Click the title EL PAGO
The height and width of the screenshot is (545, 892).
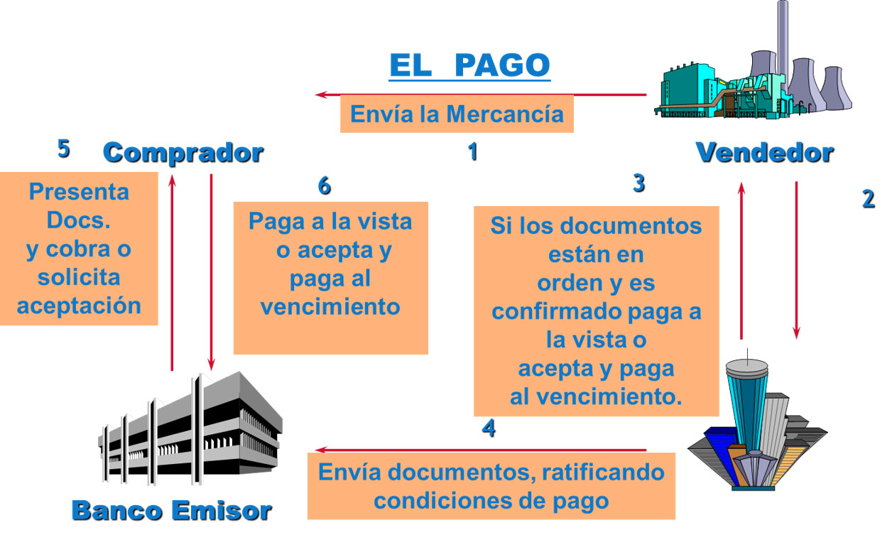pyautogui.click(x=469, y=65)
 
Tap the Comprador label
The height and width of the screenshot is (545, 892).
pyautogui.click(x=183, y=153)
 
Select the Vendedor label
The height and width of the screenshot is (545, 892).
pyautogui.click(x=765, y=153)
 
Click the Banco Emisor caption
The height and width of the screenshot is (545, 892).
pyautogui.click(x=172, y=511)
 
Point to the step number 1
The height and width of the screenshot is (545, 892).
pyautogui.click(x=473, y=152)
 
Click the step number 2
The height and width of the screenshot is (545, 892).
pyautogui.click(x=869, y=199)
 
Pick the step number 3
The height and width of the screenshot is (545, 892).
pyautogui.click(x=639, y=183)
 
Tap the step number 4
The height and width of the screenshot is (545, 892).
pyautogui.click(x=489, y=428)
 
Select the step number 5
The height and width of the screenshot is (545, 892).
pyautogui.click(x=64, y=149)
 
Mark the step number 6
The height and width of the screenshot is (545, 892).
pyautogui.click(x=325, y=185)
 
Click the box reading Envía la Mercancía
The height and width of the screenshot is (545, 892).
pyautogui.click(x=457, y=114)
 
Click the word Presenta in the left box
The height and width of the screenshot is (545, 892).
pyautogui.click(x=79, y=192)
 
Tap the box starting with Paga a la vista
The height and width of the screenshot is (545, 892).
pyautogui.click(x=330, y=278)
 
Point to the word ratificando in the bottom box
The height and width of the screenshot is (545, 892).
pyautogui.click(x=603, y=473)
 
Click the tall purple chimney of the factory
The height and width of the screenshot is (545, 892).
pyautogui.click(x=783, y=44)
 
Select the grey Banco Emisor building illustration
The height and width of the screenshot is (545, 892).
pyautogui.click(x=190, y=428)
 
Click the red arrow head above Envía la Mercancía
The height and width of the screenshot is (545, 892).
pyautogui.click(x=321, y=95)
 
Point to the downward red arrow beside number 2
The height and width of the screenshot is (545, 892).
pyautogui.click(x=796, y=260)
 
